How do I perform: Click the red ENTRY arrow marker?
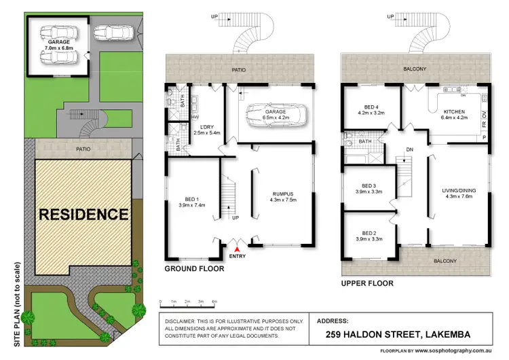click(x=237, y=250)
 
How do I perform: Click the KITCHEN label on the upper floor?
click(x=453, y=113)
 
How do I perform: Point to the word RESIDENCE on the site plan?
click(x=83, y=215)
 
